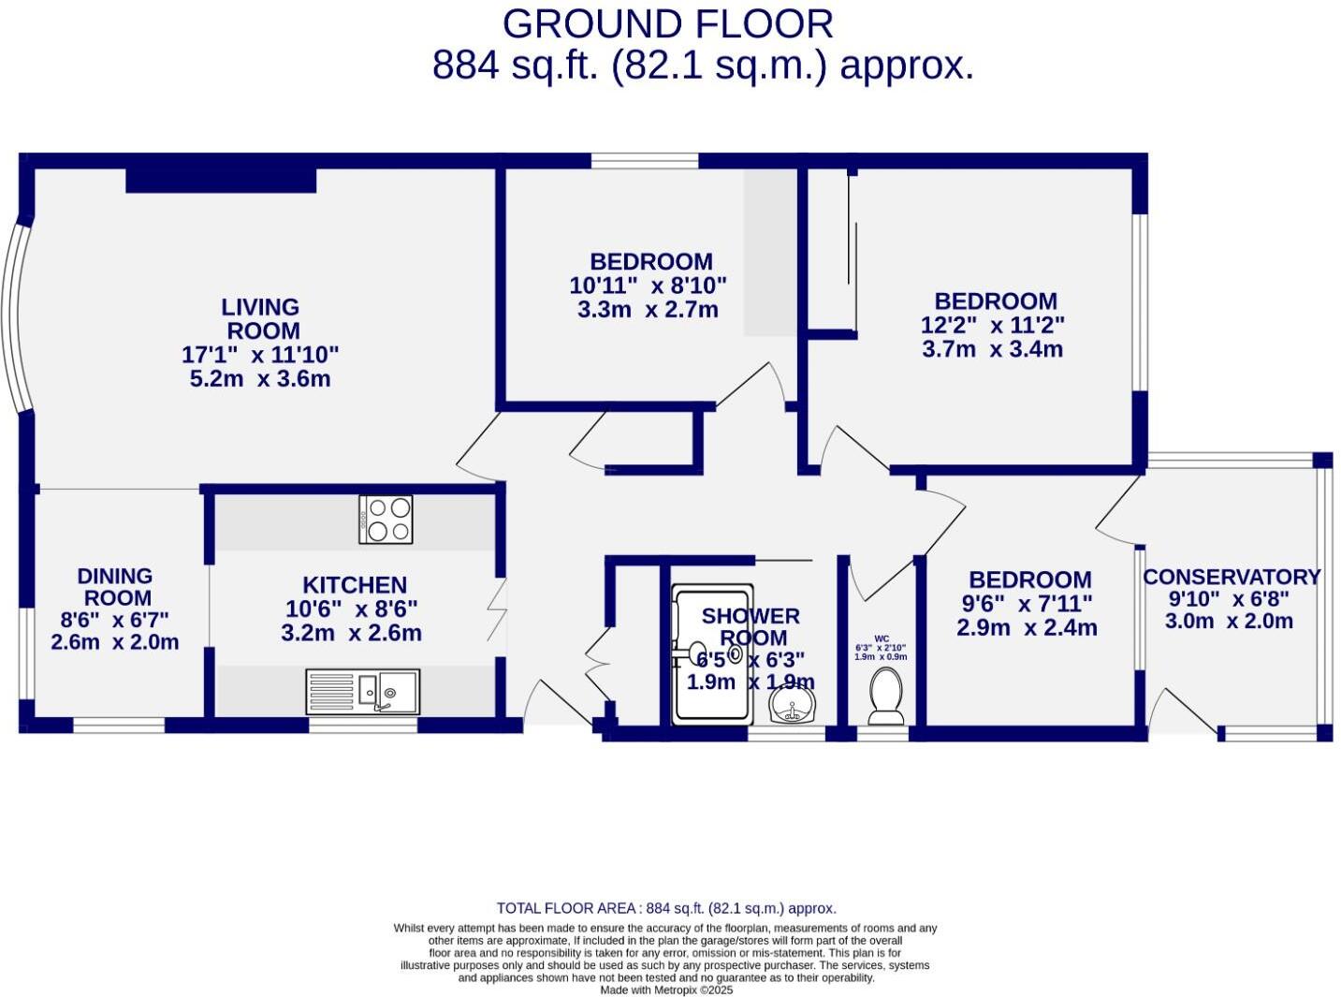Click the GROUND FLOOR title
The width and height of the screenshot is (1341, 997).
(x=667, y=24)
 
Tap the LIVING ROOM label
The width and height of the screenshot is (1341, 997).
(x=261, y=319)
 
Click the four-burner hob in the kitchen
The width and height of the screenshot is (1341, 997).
(x=386, y=520)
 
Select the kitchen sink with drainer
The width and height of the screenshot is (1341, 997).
(x=363, y=692)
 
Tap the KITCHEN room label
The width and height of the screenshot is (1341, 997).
(x=354, y=585)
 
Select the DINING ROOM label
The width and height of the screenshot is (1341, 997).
(x=115, y=587)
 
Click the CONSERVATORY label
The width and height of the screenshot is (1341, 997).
(x=1232, y=577)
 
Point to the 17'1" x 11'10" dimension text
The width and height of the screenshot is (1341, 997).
(x=260, y=355)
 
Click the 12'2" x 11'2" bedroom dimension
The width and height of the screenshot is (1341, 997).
(x=993, y=325)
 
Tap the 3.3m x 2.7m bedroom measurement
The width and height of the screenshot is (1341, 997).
(x=648, y=310)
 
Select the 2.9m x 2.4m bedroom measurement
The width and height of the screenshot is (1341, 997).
(x=1027, y=627)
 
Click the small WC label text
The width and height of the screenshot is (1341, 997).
(x=881, y=638)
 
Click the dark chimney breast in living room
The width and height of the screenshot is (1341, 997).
(x=221, y=180)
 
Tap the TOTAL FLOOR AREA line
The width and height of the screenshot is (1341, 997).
(x=666, y=908)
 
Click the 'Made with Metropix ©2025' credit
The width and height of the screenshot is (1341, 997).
(x=666, y=990)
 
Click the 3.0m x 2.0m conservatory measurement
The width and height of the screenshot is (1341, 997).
(x=1229, y=621)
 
